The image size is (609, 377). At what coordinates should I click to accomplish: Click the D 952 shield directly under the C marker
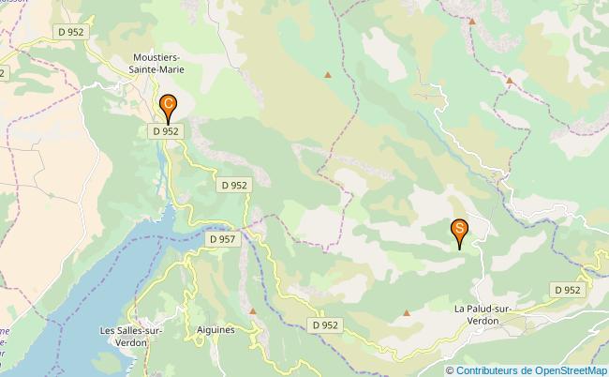click(x=166, y=132)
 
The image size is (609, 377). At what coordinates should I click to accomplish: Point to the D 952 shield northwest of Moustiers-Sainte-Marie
click(x=71, y=32)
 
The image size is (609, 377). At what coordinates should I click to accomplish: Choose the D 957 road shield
click(x=222, y=240)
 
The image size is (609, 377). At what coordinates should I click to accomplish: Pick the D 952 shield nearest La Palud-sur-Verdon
click(x=567, y=291)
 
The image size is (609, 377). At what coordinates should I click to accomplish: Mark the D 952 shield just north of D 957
click(x=235, y=186)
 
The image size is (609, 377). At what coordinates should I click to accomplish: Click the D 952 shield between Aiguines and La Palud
click(x=324, y=325)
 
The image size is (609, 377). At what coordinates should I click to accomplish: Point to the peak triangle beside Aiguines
click(x=253, y=310)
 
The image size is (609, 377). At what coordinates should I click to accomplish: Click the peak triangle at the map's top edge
click(x=473, y=21)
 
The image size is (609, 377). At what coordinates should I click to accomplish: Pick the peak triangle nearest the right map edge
click(x=510, y=81)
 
